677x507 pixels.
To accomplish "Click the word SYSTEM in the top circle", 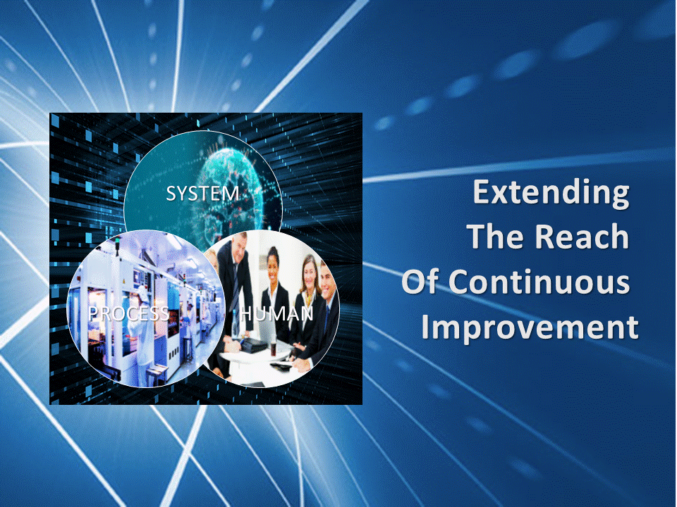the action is [202, 194].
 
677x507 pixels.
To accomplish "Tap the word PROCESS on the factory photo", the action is [128, 314].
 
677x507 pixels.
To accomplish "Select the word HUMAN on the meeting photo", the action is [276, 313].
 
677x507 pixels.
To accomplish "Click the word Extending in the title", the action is [551, 192].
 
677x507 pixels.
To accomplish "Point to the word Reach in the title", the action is [583, 237].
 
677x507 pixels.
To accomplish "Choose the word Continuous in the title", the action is [539, 282].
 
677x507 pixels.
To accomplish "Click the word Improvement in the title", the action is [530, 327].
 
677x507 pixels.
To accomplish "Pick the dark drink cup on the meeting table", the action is [273, 349].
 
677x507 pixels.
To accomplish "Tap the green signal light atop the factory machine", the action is [118, 239].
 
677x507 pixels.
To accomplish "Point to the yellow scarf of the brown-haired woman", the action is [308, 297].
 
